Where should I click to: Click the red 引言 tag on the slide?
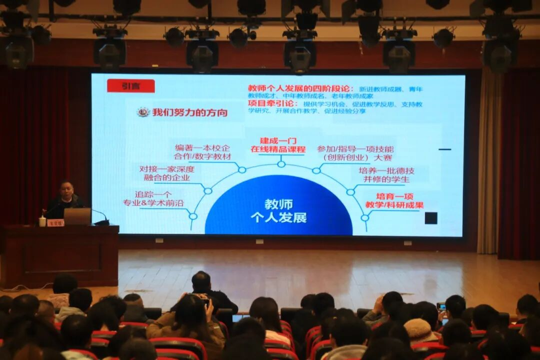(130, 86)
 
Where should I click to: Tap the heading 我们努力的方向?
(189, 112)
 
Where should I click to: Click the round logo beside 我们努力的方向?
(143, 112)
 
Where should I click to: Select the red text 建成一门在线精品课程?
(278, 145)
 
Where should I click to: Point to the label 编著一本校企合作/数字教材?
(202, 152)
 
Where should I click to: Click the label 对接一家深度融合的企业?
(166, 173)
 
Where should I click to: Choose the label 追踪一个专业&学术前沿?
(153, 198)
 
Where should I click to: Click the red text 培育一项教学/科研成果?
(394, 200)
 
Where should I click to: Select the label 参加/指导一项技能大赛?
(355, 153)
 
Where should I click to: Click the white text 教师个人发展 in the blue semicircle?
(278, 211)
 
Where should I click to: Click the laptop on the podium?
(77, 216)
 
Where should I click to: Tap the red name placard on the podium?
(55, 223)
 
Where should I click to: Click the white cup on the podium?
(42, 221)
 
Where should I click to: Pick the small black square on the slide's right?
(430, 218)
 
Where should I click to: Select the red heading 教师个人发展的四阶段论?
(300, 88)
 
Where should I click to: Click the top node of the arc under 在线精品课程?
(281, 164)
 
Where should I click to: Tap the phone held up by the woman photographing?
(205, 302)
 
